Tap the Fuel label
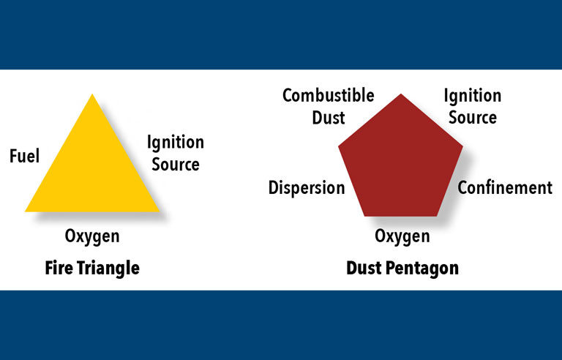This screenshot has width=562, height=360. (24, 156)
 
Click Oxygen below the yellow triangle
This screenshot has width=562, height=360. (92, 236)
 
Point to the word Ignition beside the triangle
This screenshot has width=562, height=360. (176, 143)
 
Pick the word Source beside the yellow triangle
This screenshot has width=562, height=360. (176, 164)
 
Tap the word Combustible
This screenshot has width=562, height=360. (329, 95)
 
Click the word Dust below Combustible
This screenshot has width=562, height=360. (329, 118)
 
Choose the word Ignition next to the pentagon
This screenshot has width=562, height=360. (473, 96)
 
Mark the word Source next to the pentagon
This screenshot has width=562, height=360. (473, 118)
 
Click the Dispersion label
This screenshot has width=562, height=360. (307, 188)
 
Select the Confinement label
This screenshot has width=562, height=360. (505, 187)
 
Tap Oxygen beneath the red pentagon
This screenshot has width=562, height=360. (402, 236)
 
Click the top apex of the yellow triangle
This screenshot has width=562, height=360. (92, 94)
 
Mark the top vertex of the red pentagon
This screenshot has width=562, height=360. (401, 94)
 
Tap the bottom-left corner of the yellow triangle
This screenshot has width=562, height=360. (26, 211)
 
